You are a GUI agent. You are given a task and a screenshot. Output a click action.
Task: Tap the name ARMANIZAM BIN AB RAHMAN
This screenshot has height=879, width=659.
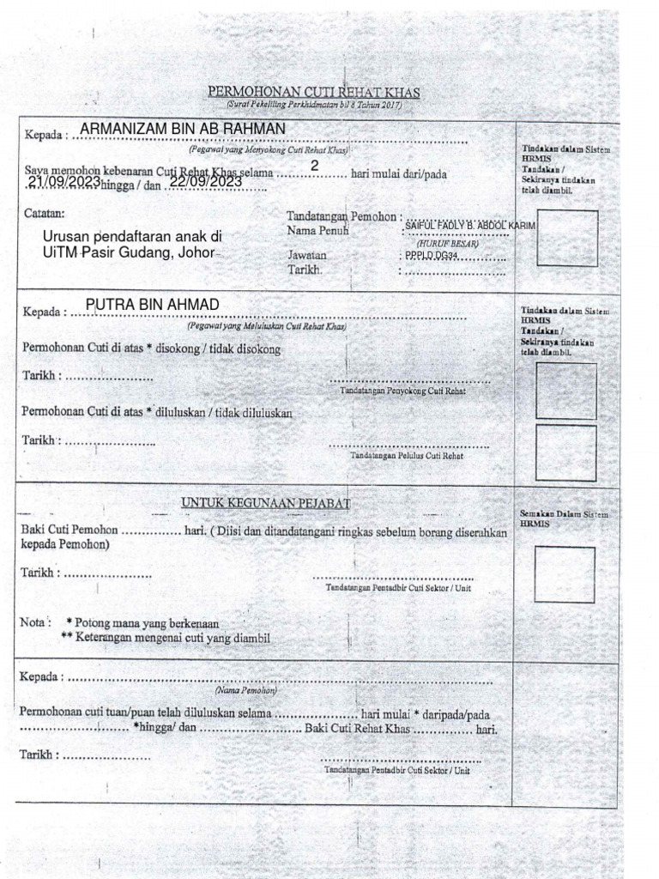183,129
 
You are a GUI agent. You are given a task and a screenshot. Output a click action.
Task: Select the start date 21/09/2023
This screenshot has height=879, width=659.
63,182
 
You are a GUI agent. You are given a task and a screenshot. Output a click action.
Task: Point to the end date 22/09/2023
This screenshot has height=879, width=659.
206,182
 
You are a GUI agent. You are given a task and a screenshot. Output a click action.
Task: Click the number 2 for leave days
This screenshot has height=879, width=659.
315,165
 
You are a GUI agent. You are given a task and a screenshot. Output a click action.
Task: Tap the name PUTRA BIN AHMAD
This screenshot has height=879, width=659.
153,305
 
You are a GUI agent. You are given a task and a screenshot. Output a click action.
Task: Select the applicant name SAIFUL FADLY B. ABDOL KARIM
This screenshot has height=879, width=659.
469,225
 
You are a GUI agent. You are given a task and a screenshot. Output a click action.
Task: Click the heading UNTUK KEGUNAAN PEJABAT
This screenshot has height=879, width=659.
265,502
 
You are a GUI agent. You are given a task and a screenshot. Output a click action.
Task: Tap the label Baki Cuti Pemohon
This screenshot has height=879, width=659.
70,530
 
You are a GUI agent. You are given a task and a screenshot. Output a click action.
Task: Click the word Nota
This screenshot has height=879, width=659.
33,621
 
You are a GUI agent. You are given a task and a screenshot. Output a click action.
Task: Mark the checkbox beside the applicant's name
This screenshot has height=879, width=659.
567,237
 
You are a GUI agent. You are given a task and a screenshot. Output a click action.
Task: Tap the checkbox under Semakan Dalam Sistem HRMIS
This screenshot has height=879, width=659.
564,574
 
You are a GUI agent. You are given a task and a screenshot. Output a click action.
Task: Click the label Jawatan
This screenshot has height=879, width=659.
306,256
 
